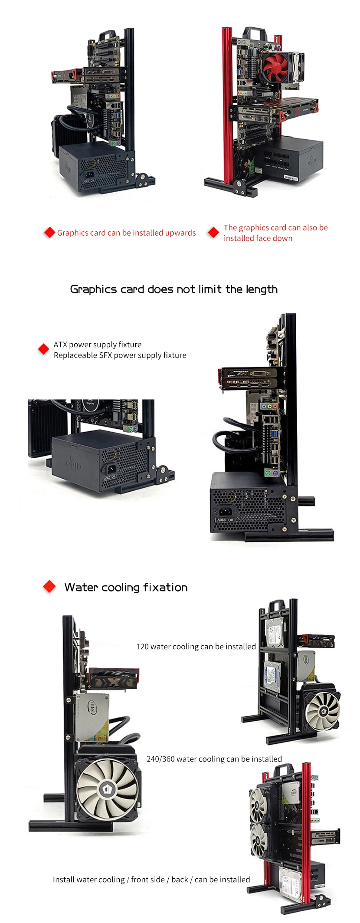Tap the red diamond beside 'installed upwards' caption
tap(50, 232)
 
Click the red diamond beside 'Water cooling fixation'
tap(49, 587)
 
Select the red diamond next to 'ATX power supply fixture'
tap(43, 349)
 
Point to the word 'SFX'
tap(105, 355)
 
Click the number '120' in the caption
tap(142, 647)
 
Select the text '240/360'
tap(160, 759)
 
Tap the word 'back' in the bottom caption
tap(180, 880)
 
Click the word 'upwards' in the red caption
tap(180, 233)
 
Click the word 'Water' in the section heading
tap(81, 587)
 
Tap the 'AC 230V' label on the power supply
tap(225, 519)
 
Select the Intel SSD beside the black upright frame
tap(92, 718)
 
